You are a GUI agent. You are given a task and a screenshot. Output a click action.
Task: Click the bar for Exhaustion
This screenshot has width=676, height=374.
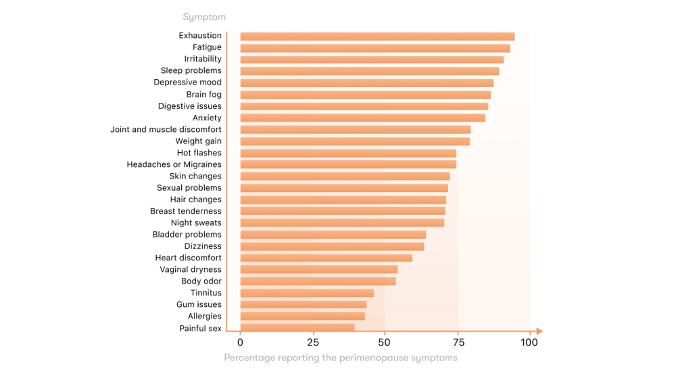pyautogui.click(x=377, y=37)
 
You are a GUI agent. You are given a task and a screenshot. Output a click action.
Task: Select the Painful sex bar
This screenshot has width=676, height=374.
pyautogui.click(x=297, y=328)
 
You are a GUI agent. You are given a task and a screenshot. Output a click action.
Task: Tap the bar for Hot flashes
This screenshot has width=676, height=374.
pyautogui.click(x=348, y=154)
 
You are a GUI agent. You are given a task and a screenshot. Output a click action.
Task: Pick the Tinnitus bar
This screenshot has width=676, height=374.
pyautogui.click(x=307, y=293)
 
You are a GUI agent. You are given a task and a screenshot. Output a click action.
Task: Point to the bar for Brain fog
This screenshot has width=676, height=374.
pyautogui.click(x=366, y=95)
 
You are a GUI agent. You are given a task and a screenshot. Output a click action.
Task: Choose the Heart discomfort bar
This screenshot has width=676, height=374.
pyautogui.click(x=326, y=258)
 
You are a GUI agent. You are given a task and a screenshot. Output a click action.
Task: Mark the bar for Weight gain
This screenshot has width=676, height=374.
pyautogui.click(x=355, y=141)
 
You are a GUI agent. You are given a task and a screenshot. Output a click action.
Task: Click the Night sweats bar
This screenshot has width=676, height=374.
pyautogui.click(x=342, y=223)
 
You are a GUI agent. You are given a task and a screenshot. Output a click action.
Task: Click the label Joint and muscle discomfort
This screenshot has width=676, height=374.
pyautogui.click(x=166, y=129)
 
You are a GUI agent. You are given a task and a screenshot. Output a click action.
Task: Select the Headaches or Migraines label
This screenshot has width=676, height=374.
pyautogui.click(x=174, y=164)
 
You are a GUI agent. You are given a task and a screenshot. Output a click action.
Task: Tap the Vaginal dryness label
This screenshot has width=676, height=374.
pyautogui.click(x=190, y=269)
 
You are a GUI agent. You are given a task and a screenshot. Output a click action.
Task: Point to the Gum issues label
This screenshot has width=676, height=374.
pyautogui.click(x=199, y=304)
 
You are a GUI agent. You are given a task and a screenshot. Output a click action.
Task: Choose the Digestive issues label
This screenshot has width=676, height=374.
pyautogui.click(x=189, y=106)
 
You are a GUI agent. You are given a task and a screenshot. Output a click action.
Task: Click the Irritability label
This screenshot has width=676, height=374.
pyautogui.click(x=202, y=59)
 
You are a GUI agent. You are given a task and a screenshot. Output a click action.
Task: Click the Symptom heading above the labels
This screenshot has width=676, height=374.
pyautogui.click(x=204, y=17)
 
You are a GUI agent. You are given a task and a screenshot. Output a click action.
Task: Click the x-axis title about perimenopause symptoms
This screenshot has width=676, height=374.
pyautogui.click(x=341, y=358)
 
